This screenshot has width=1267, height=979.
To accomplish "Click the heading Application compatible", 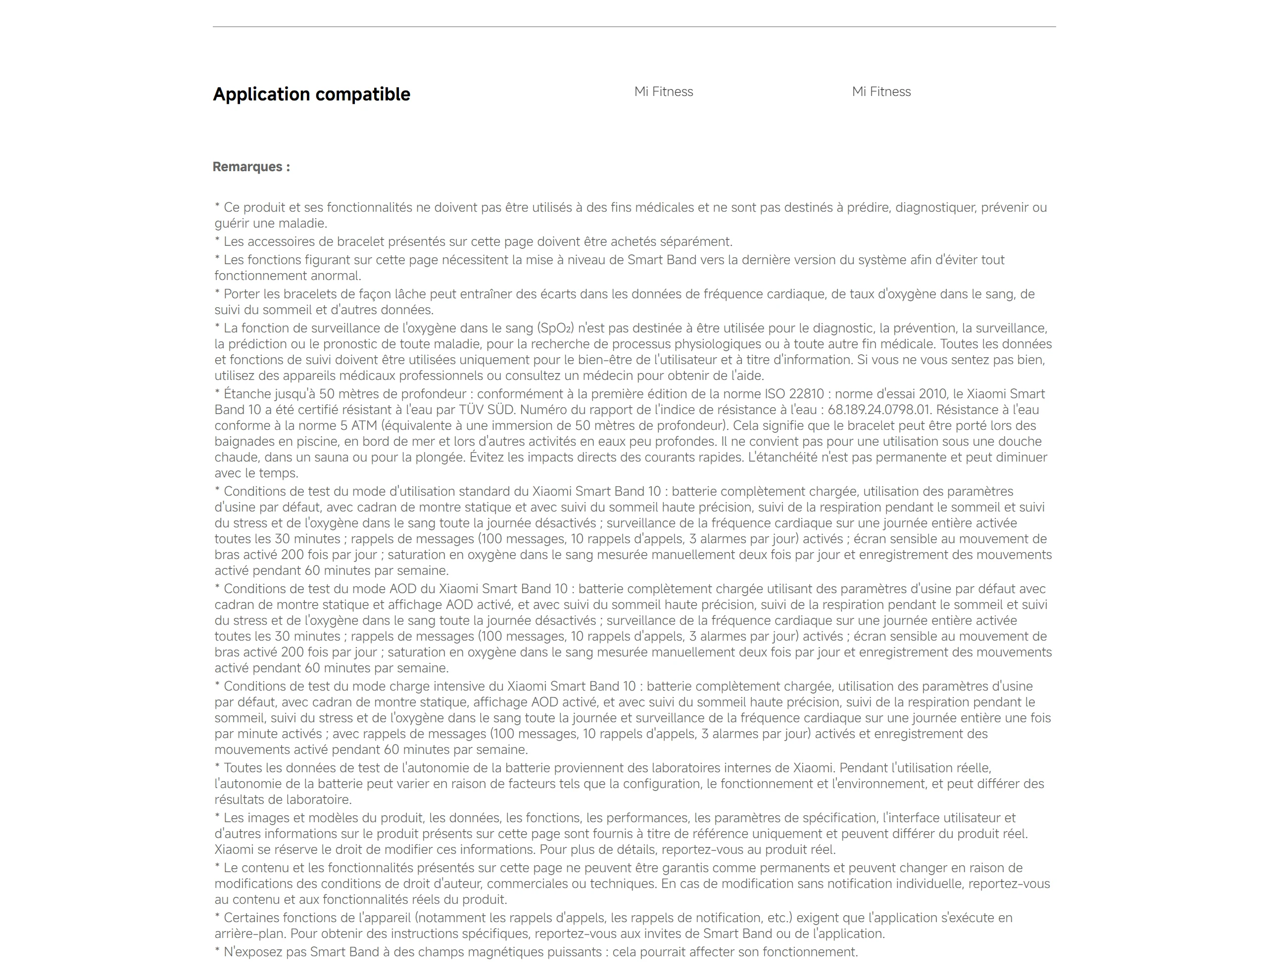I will (x=311, y=94).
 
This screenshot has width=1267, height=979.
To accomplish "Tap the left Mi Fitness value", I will (x=663, y=92).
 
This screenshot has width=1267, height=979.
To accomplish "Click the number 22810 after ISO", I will (x=806, y=394).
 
